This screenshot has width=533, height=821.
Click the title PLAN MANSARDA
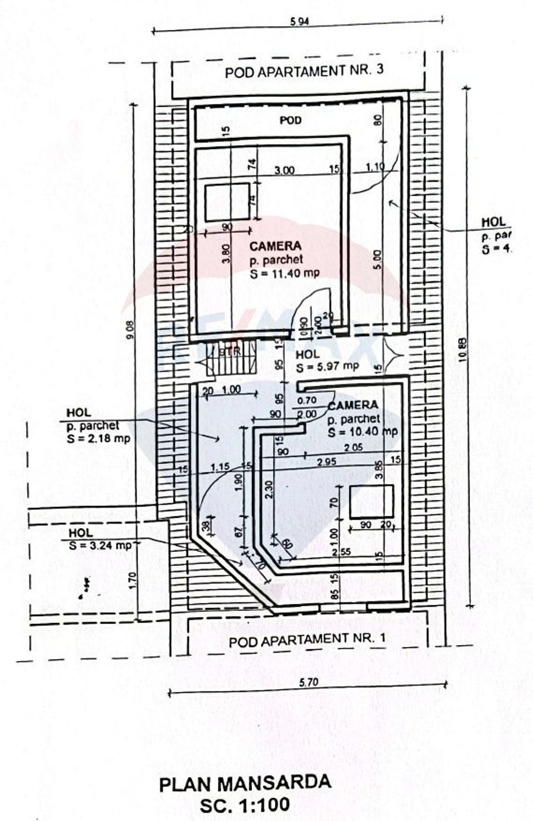pyautogui.click(x=245, y=783)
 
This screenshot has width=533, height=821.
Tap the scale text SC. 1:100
pyautogui.click(x=245, y=804)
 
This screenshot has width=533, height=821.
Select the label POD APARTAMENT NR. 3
pyautogui.click(x=304, y=72)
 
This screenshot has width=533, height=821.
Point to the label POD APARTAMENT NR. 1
pyautogui.click(x=307, y=639)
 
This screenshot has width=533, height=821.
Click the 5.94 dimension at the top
pyautogui.click(x=299, y=22)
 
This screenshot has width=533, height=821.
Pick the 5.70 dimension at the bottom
pyautogui.click(x=309, y=683)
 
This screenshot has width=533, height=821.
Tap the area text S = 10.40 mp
pyautogui.click(x=363, y=432)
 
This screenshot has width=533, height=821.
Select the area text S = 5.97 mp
pyautogui.click(x=328, y=367)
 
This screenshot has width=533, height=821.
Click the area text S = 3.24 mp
pyautogui.click(x=100, y=545)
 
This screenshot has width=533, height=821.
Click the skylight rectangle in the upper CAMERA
pyautogui.click(x=227, y=203)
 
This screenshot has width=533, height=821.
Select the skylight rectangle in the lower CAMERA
pyautogui.click(x=371, y=501)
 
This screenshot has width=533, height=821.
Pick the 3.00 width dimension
pyautogui.click(x=285, y=170)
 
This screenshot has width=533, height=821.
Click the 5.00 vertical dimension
pyautogui.click(x=378, y=260)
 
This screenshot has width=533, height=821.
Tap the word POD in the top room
pyautogui.click(x=290, y=120)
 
